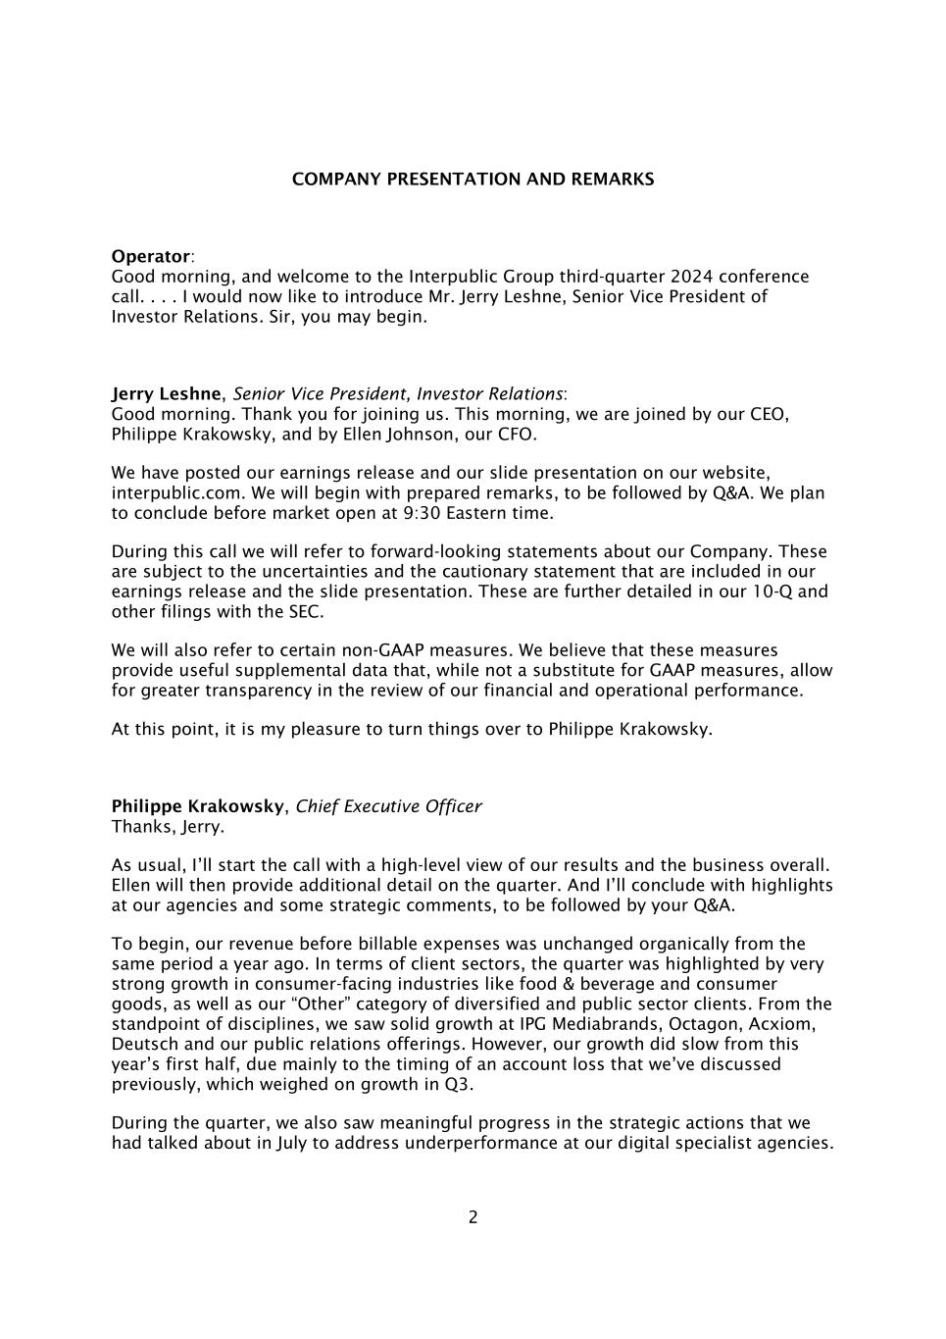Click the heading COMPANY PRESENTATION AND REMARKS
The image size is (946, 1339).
[x=473, y=180]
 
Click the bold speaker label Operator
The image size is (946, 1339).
[x=151, y=257]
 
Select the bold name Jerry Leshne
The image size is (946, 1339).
[x=167, y=394]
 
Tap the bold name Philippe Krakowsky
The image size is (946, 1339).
[x=198, y=806]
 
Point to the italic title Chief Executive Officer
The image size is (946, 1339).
[x=388, y=806]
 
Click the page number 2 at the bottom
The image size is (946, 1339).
[x=473, y=1217]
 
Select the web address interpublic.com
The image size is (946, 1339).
[x=164, y=493]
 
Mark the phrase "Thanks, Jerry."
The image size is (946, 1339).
[x=168, y=827]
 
